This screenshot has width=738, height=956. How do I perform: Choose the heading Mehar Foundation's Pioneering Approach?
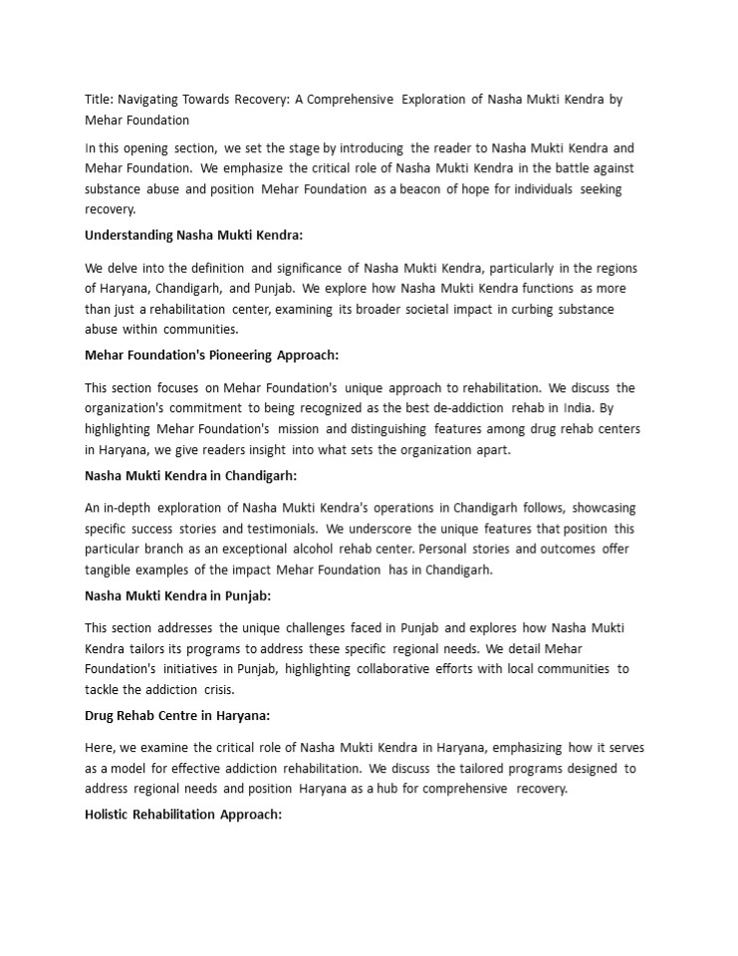click(211, 355)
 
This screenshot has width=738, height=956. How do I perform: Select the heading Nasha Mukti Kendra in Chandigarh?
click(190, 475)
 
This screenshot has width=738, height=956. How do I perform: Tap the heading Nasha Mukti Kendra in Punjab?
click(177, 596)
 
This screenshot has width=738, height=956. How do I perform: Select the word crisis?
click(219, 689)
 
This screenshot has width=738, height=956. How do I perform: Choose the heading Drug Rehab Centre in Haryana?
click(177, 715)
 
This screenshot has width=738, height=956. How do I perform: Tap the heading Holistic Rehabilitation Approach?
click(183, 815)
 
